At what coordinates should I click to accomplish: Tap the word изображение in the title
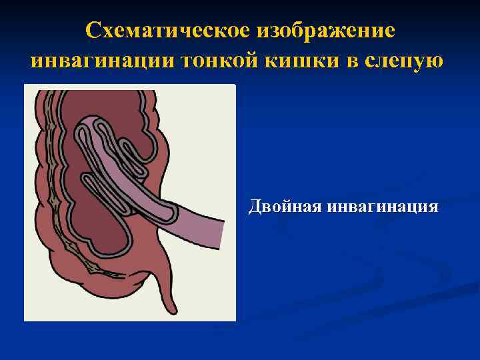point(324,30)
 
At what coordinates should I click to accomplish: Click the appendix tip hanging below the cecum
point(172,308)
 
